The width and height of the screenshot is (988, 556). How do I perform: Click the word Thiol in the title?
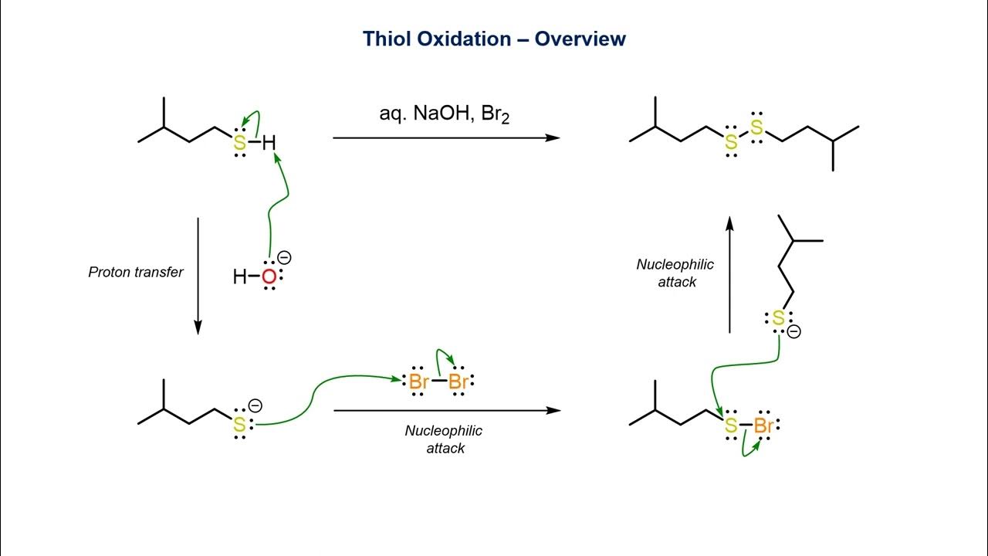pyautogui.click(x=387, y=38)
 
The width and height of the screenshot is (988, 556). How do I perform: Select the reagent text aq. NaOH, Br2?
pyautogui.click(x=445, y=114)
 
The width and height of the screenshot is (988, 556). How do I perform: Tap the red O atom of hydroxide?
pyautogui.click(x=269, y=276)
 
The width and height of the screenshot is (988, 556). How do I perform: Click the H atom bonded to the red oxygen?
pyautogui.click(x=239, y=276)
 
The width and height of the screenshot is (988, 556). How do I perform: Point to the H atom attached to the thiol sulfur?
pyautogui.click(x=268, y=142)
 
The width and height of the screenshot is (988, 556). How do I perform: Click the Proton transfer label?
pyautogui.click(x=136, y=272)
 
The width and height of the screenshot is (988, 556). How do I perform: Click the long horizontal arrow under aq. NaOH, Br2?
pyautogui.click(x=446, y=137)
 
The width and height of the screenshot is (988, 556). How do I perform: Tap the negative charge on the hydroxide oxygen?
pyautogui.click(x=285, y=259)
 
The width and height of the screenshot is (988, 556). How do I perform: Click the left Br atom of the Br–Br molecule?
pyautogui.click(x=419, y=381)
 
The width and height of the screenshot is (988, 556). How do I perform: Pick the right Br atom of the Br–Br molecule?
pyautogui.click(x=458, y=381)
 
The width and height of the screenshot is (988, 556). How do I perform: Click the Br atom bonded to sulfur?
pyautogui.click(x=764, y=425)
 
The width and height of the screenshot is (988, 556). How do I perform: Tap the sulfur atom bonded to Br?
pyautogui.click(x=730, y=425)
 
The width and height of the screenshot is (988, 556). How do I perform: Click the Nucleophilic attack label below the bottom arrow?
pyautogui.click(x=444, y=439)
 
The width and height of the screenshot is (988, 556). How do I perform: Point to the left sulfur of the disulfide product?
pyautogui.click(x=730, y=143)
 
